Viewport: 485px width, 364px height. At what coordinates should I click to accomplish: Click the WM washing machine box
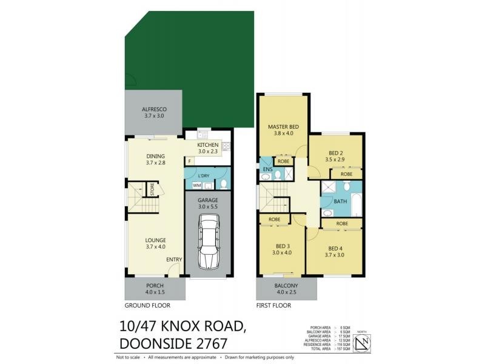pyautogui.click(x=196, y=185)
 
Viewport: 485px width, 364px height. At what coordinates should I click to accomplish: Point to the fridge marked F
pyautogui.click(x=190, y=161)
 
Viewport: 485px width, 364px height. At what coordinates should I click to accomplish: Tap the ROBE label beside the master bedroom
pyautogui.click(x=283, y=162)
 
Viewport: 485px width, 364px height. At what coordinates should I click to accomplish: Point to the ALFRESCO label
pyautogui.click(x=154, y=109)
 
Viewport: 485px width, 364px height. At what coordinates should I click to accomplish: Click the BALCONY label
pyautogui.click(x=286, y=285)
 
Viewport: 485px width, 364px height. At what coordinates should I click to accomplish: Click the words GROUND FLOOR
pyautogui.click(x=147, y=306)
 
